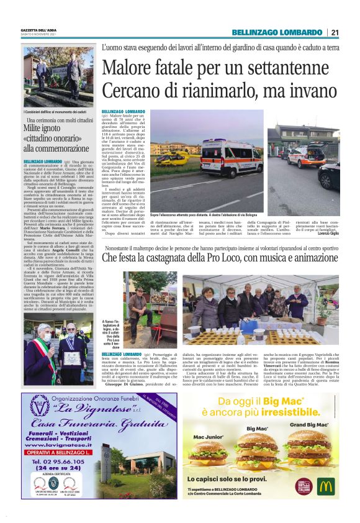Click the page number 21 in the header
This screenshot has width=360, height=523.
point(335,32)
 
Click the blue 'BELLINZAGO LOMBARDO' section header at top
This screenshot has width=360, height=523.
point(277,32)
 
